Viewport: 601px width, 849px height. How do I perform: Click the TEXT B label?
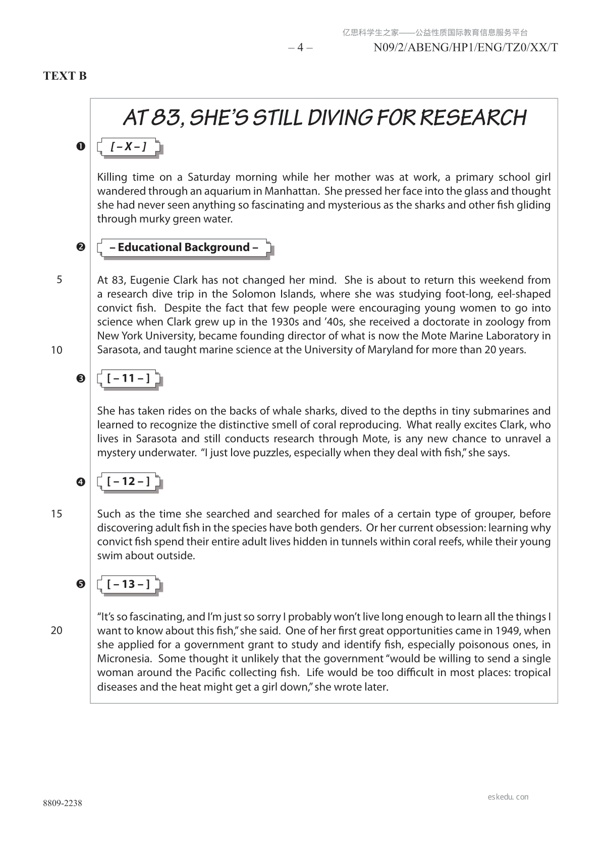(x=65, y=76)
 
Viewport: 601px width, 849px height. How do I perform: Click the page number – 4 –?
(x=300, y=48)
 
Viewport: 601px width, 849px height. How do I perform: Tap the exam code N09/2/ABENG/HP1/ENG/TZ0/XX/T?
(x=465, y=48)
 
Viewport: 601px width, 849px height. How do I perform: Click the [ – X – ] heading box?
(x=129, y=147)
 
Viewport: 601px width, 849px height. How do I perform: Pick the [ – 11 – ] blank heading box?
(x=129, y=379)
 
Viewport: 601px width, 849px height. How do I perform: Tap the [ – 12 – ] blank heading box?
(x=129, y=481)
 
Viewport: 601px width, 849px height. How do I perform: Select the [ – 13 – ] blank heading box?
(x=129, y=584)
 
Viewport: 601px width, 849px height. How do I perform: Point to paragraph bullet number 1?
(x=80, y=146)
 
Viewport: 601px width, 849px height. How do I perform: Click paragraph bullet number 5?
(x=80, y=584)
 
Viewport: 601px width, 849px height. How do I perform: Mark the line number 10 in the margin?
(x=57, y=350)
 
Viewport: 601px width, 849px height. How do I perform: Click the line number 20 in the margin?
(x=57, y=631)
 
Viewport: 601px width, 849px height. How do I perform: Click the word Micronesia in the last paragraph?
(x=124, y=659)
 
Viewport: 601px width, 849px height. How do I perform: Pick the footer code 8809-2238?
(x=63, y=804)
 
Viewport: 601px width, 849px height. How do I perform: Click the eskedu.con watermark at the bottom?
(x=508, y=797)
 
